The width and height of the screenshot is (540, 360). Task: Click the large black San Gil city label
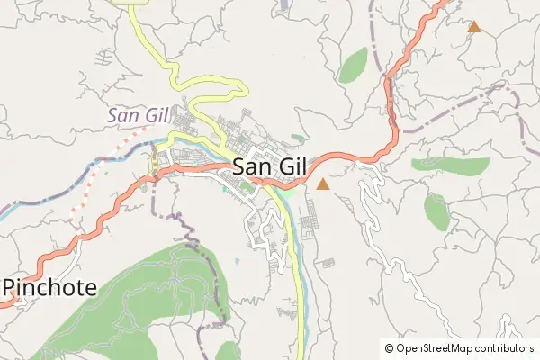coord(269,166)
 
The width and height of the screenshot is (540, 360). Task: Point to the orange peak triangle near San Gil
coord(323,184)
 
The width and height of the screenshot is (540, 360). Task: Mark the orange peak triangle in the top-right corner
coord(473,27)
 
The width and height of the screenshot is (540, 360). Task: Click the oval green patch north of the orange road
coord(353,65)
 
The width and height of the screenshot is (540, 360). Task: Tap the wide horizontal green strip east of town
coord(451,166)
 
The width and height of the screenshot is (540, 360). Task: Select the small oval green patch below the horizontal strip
coord(436,211)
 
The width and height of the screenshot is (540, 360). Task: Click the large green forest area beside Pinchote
coord(135,288)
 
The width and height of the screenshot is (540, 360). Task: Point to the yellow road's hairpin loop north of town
coord(236,89)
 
